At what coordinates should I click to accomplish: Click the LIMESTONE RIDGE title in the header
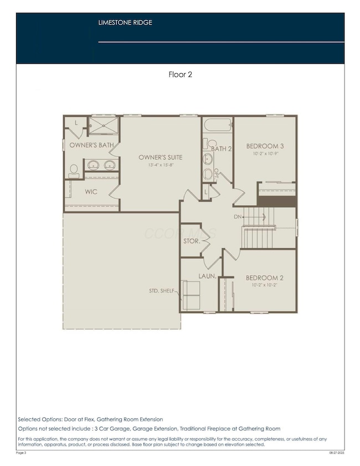[x=125, y=23]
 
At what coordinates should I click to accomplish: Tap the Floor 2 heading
[x=180, y=74]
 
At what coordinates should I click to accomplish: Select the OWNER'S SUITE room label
[x=160, y=157]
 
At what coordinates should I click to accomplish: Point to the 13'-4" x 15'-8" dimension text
[x=160, y=165]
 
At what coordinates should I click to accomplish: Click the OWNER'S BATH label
[x=91, y=145]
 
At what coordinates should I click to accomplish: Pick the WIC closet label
[x=91, y=192]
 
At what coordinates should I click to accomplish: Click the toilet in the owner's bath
[x=73, y=172]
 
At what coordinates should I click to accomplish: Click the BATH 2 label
[x=220, y=148]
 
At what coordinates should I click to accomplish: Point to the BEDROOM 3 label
[x=266, y=146]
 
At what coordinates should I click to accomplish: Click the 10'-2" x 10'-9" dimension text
[x=266, y=153]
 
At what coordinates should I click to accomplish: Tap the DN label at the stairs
[x=238, y=217]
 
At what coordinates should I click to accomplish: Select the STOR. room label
[x=191, y=242]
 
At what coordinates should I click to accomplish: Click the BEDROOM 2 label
[x=265, y=278]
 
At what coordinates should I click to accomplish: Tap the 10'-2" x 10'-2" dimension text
[x=265, y=285]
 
